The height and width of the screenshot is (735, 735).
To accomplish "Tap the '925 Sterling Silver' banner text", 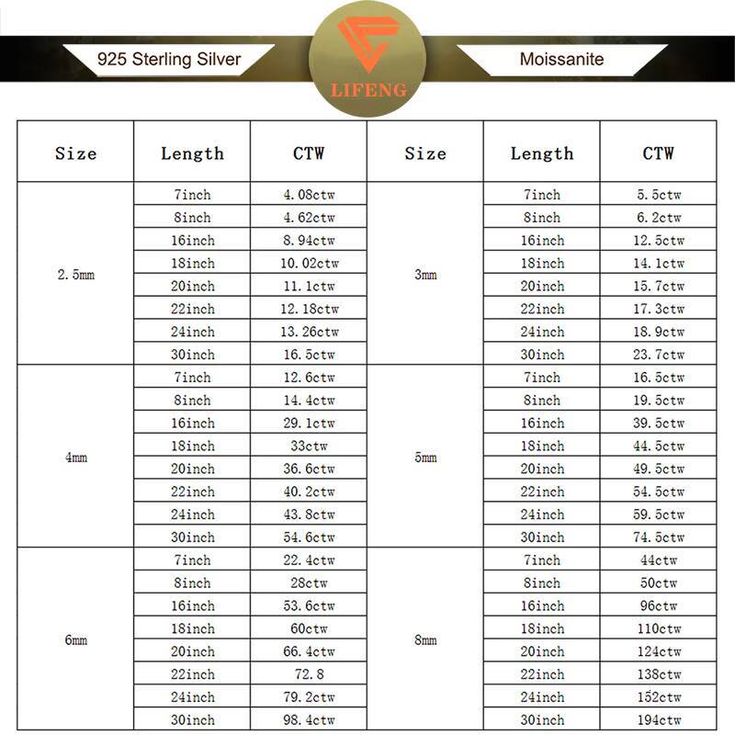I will (x=169, y=60).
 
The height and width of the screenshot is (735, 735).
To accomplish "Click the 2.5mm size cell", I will (x=75, y=275).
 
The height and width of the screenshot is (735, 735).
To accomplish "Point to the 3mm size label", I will (x=425, y=275).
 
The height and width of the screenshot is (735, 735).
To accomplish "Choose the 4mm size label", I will (x=75, y=457).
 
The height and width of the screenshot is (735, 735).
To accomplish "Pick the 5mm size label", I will (x=425, y=457).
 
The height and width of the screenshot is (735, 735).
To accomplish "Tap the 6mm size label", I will (x=75, y=639).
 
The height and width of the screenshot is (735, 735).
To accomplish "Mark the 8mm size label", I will (x=425, y=639).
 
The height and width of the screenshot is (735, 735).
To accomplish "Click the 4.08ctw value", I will (x=309, y=195).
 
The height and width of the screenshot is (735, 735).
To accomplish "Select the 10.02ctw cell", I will (x=309, y=264).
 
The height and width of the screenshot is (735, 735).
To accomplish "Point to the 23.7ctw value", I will (x=659, y=355).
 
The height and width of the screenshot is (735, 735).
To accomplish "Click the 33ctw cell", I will (x=309, y=446).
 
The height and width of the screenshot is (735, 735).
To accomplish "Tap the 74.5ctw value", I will (x=659, y=537).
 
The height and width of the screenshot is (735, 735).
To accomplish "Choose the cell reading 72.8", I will (x=309, y=674).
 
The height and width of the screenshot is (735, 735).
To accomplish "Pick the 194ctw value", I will (x=659, y=720).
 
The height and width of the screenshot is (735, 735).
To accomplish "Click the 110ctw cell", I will (x=659, y=628).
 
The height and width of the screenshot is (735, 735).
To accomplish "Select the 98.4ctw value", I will (x=309, y=720).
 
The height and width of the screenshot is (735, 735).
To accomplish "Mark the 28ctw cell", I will (x=309, y=583).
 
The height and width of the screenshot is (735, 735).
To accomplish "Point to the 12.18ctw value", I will (x=309, y=309).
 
